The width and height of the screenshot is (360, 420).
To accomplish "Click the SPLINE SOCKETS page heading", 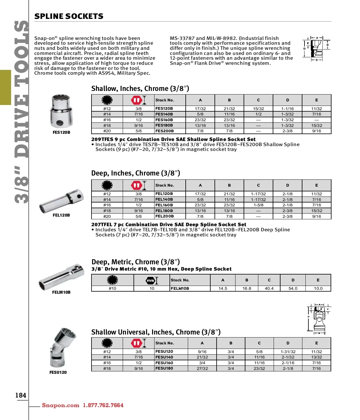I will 69,16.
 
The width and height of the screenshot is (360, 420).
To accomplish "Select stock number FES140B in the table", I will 164,114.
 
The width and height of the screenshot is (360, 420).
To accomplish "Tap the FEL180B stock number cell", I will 164,211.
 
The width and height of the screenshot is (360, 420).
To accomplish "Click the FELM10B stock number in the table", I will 180,288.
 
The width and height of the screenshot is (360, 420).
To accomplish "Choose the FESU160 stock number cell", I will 164,363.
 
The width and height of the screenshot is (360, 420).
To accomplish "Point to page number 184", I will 21,395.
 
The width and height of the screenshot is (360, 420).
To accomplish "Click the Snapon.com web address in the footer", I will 60,405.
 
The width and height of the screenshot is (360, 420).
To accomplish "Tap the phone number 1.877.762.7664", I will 103,405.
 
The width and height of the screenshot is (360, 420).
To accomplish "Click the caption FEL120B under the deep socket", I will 61,215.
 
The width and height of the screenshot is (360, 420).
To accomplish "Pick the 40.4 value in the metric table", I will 269,288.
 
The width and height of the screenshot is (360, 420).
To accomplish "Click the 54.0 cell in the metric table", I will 293,288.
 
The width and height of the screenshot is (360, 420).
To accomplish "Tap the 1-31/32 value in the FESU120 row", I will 288,352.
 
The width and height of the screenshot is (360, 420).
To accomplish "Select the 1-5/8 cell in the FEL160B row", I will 258,205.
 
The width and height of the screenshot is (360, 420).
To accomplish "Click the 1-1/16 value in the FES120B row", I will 287,109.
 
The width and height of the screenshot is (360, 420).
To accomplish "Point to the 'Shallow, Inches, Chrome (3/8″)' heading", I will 140,88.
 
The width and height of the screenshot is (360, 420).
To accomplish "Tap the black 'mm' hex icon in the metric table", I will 150,280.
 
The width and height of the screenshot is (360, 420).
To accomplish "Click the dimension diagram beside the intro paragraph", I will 316,49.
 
